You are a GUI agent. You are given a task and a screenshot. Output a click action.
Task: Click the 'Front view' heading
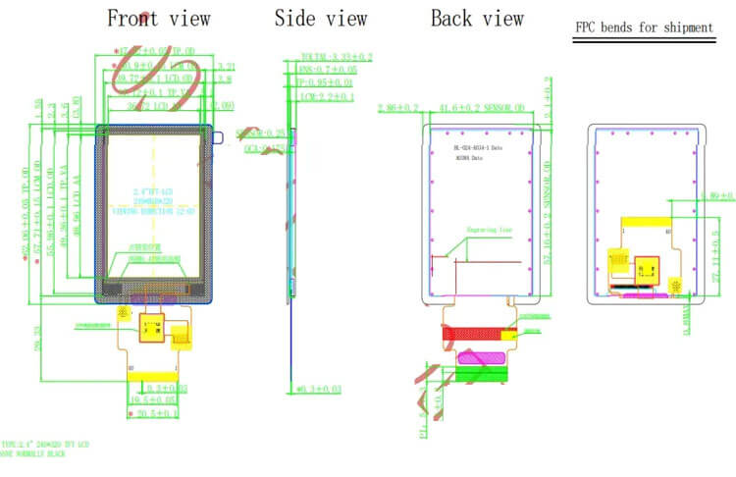click(157, 19)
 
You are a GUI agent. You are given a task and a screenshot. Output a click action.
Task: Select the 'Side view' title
click(320, 19)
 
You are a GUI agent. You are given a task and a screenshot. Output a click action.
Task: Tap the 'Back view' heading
click(477, 19)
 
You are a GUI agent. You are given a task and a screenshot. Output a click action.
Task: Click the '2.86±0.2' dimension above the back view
click(398, 107)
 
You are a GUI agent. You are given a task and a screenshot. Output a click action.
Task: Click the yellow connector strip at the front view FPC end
click(152, 376)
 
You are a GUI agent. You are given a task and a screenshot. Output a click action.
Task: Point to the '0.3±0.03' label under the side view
click(319, 390)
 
